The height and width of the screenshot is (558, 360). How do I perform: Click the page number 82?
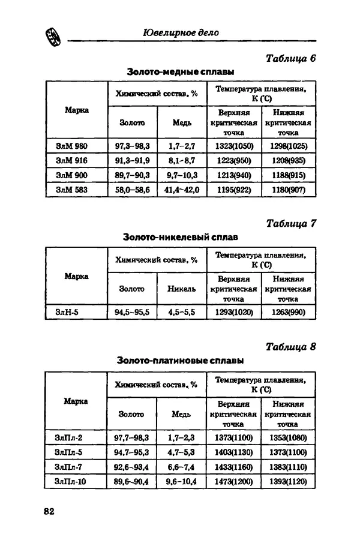(49, 511)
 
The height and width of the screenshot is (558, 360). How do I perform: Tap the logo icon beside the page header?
(52, 37)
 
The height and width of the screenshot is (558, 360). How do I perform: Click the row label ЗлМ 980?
(71, 146)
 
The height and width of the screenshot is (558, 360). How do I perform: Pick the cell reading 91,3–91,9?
(132, 161)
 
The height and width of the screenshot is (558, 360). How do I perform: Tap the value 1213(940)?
(234, 175)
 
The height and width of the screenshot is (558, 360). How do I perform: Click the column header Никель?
(182, 289)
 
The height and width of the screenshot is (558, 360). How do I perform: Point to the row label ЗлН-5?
(67, 312)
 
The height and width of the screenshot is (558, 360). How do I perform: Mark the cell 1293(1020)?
(234, 312)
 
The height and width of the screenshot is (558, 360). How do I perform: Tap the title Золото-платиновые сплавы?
(180, 361)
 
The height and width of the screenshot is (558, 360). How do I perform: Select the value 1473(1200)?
(233, 481)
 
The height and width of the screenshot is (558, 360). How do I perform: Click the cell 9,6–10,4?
(181, 481)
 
